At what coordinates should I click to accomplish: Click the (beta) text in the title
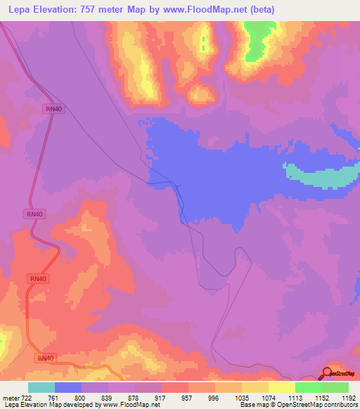coord(261,10)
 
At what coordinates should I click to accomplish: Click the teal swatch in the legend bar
coord(41,387)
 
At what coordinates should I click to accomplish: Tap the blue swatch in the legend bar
coord(68,387)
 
